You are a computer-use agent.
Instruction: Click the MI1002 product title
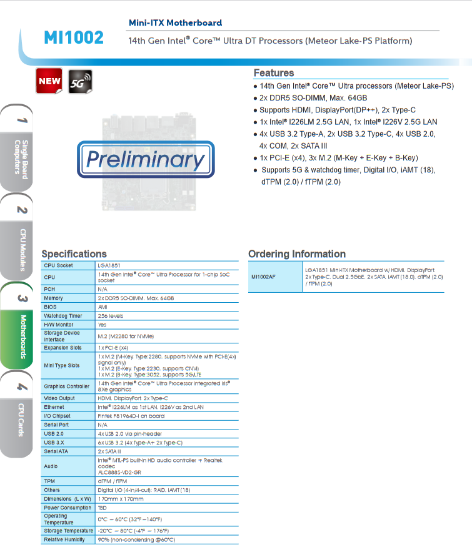point(74,38)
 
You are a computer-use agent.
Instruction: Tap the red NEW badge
point(49,81)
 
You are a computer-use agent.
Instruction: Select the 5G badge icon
point(80,81)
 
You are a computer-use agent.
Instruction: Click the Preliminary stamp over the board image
point(145,160)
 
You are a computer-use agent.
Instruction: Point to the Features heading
point(273,73)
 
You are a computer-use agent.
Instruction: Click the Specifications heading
point(74,254)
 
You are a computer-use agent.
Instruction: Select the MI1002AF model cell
point(263,277)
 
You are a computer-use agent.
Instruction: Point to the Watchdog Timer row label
point(63,316)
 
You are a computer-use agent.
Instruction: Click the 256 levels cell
point(111,316)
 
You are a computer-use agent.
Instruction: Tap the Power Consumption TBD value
point(103,508)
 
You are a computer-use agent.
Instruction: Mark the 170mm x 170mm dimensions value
point(121,499)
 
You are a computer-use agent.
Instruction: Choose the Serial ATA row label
point(56,451)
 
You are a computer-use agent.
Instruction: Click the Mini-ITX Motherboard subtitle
point(175,22)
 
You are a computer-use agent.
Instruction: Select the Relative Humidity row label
point(64,539)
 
